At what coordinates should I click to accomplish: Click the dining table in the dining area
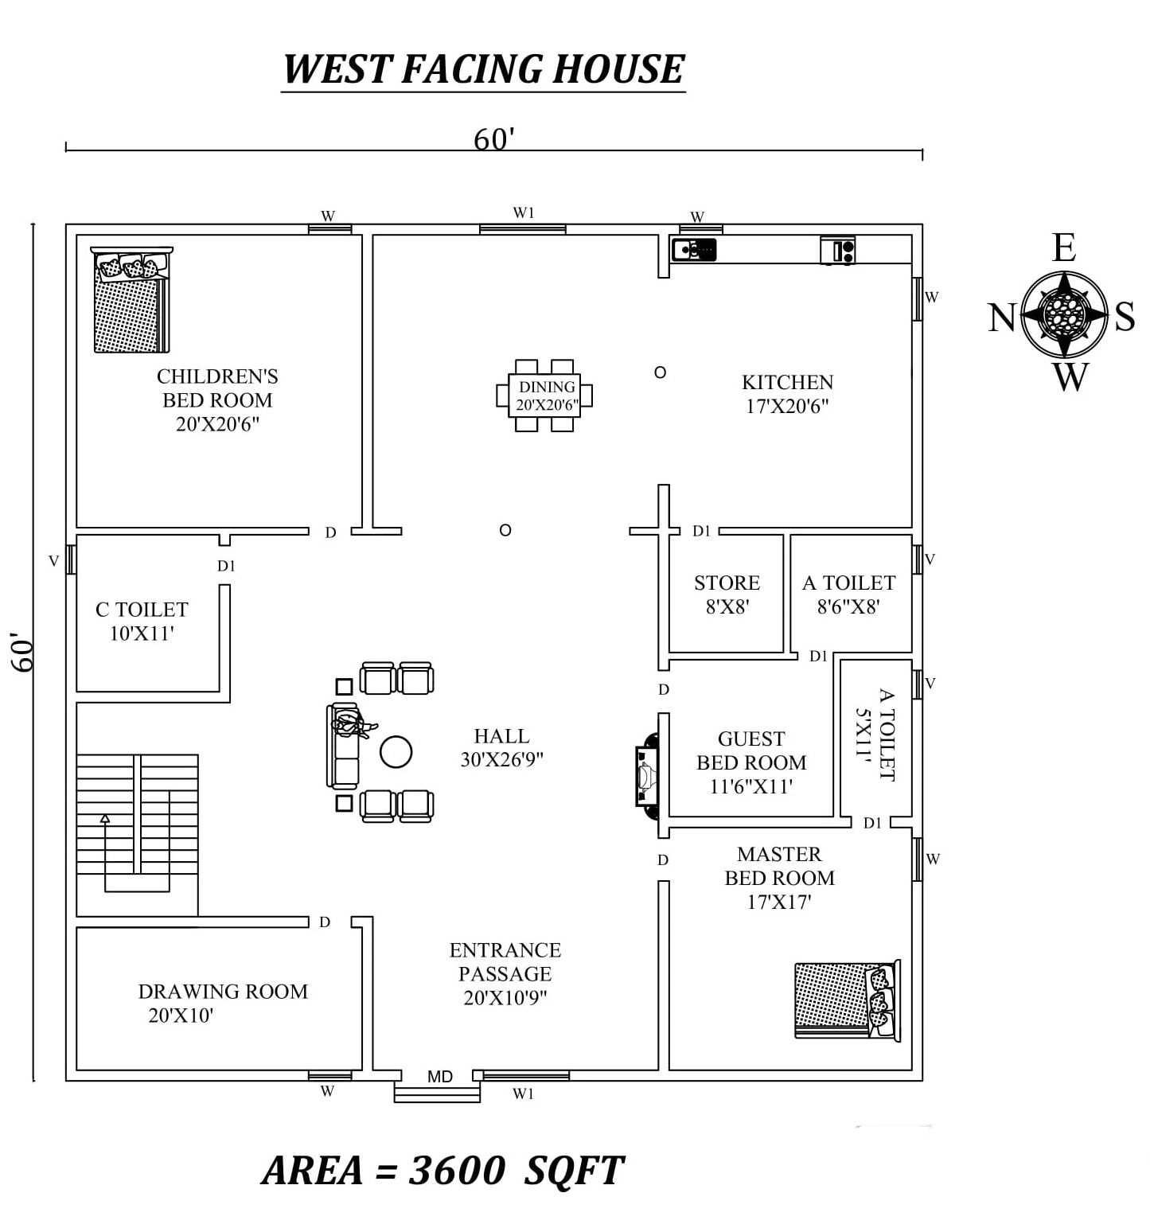544,395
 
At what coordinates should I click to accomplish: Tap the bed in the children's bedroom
131,300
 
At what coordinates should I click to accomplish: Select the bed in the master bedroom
848,1000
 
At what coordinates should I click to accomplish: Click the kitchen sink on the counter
694,249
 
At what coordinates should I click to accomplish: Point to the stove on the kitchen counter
838,250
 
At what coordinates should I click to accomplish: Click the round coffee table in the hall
396,751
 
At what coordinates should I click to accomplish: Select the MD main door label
440,1077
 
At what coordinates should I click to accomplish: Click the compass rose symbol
1064,314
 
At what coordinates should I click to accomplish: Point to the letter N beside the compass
1002,318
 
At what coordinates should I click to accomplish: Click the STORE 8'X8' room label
727,595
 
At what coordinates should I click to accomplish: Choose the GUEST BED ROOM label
751,750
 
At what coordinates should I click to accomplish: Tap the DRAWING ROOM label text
223,992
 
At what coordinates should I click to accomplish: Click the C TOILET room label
142,610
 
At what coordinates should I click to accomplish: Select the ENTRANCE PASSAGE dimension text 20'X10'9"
505,998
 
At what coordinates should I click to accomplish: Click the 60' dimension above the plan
494,139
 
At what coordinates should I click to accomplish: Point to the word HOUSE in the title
618,69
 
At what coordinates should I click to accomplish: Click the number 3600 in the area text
457,1170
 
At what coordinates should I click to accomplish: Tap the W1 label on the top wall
524,212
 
